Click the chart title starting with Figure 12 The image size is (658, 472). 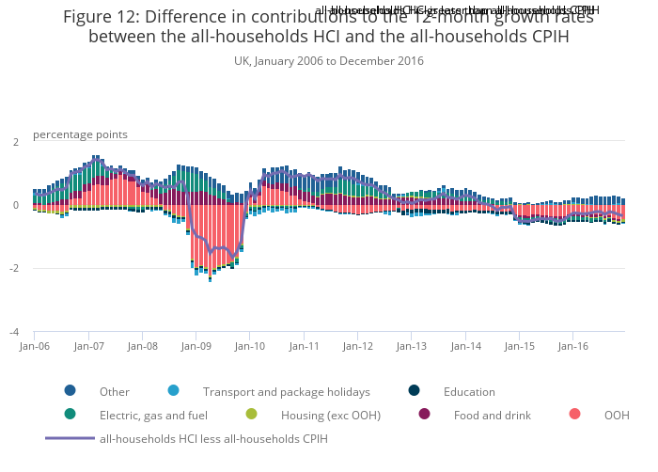pos(328,26)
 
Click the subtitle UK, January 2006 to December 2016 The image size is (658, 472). pos(328,61)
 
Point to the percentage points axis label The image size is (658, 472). pos(80,134)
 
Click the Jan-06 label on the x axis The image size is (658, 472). pos(34,346)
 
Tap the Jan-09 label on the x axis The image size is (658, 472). pos(196,346)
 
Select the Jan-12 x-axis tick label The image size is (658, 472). pos(358,346)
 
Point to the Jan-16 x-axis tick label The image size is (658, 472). pos(573,346)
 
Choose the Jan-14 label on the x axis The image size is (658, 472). pos(465,346)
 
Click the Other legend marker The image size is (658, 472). pos(70,391)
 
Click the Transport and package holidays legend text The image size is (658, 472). pos(287,392)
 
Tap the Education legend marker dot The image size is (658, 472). pos(414,391)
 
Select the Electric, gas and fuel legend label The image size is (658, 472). pos(153,415)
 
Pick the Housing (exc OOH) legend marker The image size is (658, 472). pos(251,414)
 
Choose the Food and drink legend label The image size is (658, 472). pos(492,415)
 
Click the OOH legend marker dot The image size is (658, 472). pos(574,414)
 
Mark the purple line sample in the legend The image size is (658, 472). pos(70,438)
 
